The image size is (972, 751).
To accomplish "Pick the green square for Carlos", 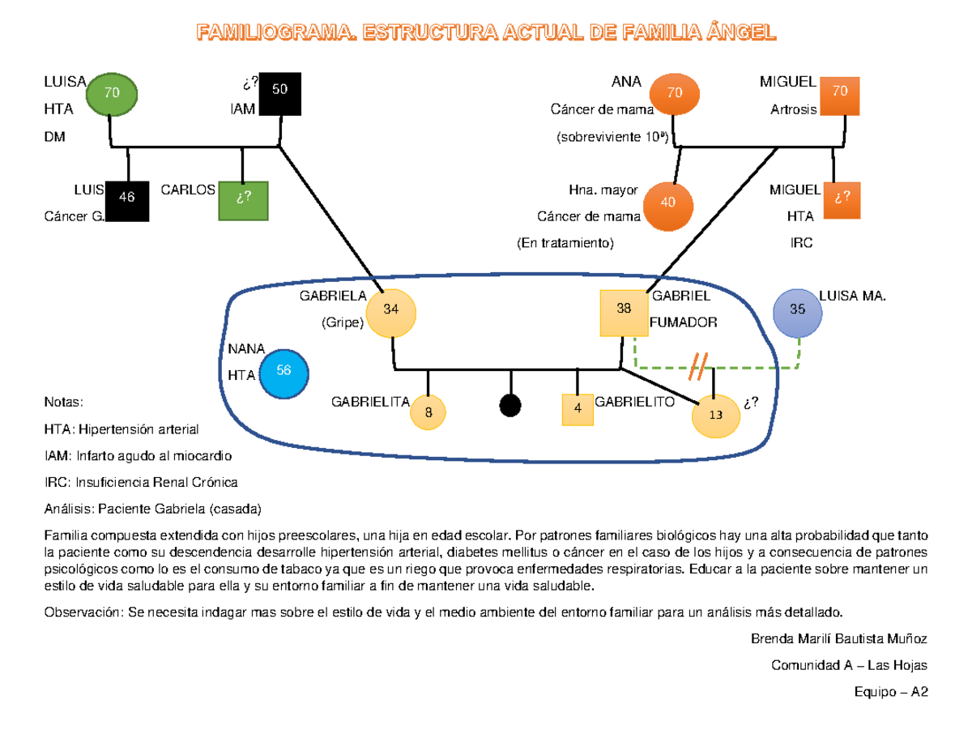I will coord(242,199).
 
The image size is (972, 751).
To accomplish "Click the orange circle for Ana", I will coord(675,93).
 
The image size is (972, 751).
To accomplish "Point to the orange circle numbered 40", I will coord(669,203).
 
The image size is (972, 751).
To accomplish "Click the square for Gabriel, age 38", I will coord(623,313).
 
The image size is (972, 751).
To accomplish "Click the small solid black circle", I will coord(509,405).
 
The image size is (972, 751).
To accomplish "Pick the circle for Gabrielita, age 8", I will coord(429,412).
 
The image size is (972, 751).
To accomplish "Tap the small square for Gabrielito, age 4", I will coord(578,408).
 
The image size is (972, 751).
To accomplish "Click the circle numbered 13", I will coord(716,415).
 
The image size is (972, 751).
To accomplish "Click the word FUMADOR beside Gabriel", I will coord(683,323).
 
